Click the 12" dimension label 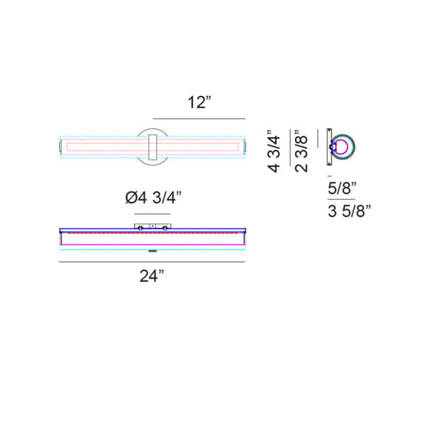(199, 102)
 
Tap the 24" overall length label (151, 276)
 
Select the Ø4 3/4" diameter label (153, 198)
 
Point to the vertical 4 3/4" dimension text (274, 151)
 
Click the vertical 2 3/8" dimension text (301, 151)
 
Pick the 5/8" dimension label (342, 188)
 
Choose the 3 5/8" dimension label (349, 211)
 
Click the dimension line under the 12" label (199, 118)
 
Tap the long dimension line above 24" (152, 262)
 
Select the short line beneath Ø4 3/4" (153, 214)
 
